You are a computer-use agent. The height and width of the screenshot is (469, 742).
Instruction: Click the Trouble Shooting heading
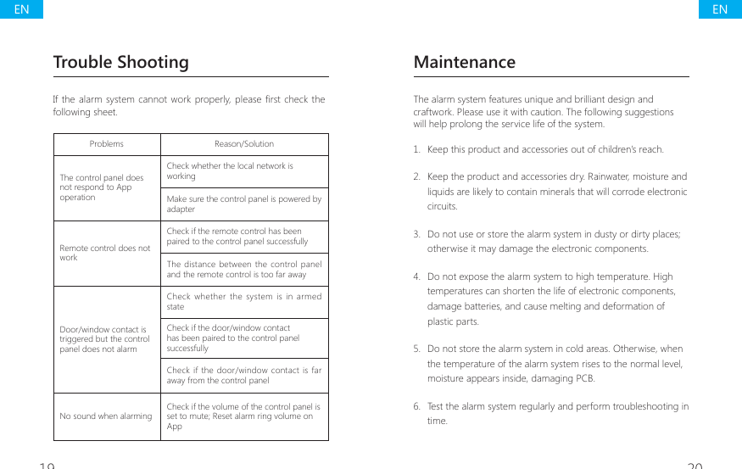120,62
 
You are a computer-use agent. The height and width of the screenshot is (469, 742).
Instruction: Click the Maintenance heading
464,62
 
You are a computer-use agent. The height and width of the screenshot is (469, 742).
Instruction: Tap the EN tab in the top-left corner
21,9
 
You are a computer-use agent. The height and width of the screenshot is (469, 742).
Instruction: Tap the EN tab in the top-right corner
720,9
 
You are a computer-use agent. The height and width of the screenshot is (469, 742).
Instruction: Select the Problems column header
107,144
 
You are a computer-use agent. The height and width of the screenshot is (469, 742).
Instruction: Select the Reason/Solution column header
244,144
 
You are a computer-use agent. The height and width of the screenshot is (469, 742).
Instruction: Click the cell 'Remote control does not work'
105,253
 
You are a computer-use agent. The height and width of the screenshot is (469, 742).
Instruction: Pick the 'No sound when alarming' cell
106,416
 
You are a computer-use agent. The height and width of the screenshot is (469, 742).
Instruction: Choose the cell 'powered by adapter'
243,204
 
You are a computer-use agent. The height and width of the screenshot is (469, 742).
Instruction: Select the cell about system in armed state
243,302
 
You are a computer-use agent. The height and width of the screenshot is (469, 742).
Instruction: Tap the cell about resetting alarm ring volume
243,416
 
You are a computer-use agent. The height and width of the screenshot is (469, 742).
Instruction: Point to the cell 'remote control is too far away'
243,270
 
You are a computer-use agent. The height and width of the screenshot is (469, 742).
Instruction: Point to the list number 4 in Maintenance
417,276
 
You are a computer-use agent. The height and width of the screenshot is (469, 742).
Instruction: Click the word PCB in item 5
585,378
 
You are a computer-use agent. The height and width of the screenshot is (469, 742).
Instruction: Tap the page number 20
695,465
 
